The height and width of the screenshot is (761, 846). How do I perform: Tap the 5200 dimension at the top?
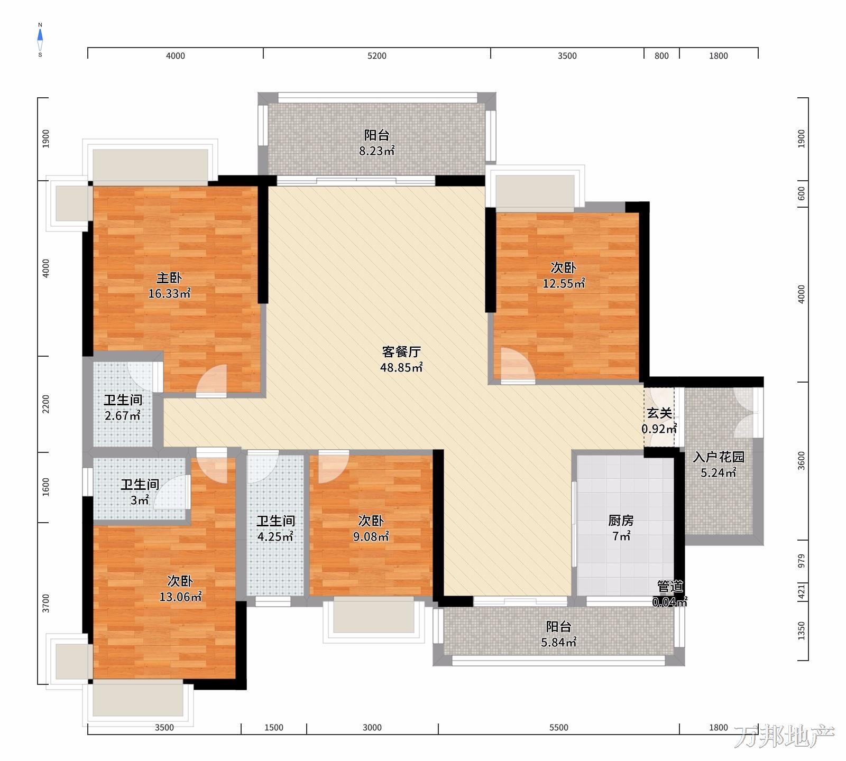click(377, 56)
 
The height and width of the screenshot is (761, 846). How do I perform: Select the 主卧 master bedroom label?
click(169, 278)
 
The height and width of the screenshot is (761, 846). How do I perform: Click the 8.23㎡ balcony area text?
click(377, 151)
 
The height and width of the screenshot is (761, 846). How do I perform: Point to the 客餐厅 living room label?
click(401, 352)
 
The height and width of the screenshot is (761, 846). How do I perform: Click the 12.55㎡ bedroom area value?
click(564, 284)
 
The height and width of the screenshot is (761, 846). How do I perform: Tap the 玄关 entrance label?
click(659, 413)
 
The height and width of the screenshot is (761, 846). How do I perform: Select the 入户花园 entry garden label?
click(719, 457)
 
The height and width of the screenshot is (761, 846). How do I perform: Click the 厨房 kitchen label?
click(621, 521)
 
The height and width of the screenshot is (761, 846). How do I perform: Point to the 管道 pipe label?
click(670, 587)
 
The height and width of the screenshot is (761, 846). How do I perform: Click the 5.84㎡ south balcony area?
click(559, 643)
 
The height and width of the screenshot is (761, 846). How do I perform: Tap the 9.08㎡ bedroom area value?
click(371, 537)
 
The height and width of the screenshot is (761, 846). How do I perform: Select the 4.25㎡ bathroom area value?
click(275, 537)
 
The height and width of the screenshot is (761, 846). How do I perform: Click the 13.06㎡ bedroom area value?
click(180, 597)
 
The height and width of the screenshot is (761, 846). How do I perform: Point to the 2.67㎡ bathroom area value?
click(123, 416)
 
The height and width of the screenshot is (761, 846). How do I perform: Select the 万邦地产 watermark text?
click(784, 736)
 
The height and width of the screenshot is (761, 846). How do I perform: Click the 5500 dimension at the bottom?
click(559, 728)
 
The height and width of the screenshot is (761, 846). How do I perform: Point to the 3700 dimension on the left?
click(46, 604)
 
